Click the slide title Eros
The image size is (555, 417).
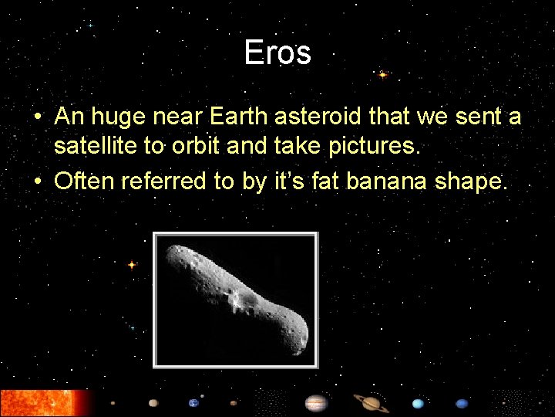click(277, 53)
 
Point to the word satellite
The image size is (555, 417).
click(96, 147)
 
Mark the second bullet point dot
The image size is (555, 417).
click(38, 183)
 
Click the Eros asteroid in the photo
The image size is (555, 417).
click(239, 297)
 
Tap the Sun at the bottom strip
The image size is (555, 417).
click(42, 402)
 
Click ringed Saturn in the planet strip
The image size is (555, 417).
click(372, 402)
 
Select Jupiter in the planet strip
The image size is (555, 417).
click(316, 402)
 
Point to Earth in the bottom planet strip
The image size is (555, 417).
click(193, 402)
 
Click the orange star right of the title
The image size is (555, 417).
click(382, 75)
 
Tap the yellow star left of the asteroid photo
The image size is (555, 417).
click(131, 265)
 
